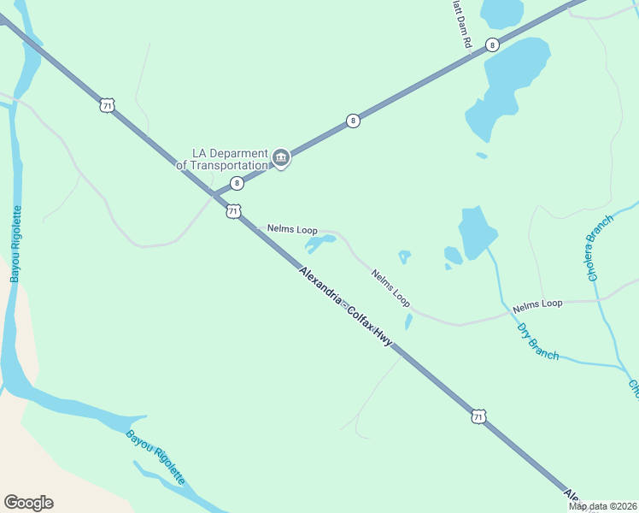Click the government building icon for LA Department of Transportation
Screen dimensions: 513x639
tap(281, 157)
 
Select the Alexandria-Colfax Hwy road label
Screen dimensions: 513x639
tap(346, 306)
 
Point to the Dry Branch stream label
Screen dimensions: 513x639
tap(538, 340)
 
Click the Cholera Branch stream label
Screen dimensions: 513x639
tap(601, 248)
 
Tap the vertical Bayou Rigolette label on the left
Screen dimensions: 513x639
tap(15, 244)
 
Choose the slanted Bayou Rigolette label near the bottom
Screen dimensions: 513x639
tap(155, 457)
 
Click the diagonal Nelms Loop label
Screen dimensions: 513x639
tap(390, 289)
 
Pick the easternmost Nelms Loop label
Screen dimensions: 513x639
tap(537, 304)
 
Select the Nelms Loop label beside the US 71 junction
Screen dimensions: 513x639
tap(292, 230)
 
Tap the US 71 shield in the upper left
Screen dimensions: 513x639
tap(106, 105)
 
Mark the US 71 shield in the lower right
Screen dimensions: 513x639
tap(478, 416)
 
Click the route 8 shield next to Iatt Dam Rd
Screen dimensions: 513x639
tap(492, 44)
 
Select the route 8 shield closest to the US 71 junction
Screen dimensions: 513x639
tap(237, 183)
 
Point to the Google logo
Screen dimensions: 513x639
tap(28, 503)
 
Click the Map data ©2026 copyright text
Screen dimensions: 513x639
tap(602, 506)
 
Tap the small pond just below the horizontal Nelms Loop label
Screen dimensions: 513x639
tap(319, 245)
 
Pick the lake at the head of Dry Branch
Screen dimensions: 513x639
tap(477, 231)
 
